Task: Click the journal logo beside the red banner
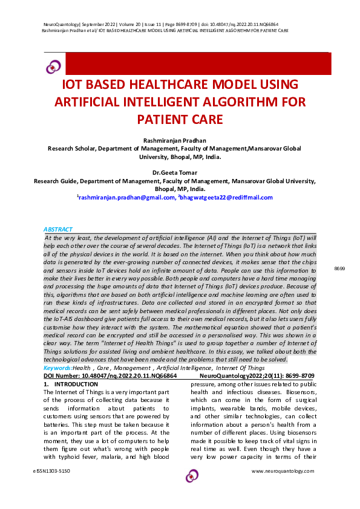pos(54,66)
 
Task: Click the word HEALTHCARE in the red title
pos(188,83)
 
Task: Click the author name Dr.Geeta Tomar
pos(180,172)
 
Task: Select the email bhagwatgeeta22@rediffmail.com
pos(226,197)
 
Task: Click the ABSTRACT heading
pos(58,230)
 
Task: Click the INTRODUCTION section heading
pos(76,384)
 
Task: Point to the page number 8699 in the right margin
pos(339,268)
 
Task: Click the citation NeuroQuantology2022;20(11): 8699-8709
pos(257,375)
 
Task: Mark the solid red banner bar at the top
pos(197,63)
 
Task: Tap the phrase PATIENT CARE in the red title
pos(180,118)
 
